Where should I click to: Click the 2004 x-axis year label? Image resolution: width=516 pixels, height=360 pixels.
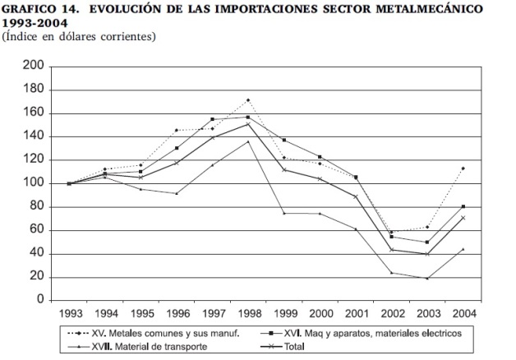(463, 313)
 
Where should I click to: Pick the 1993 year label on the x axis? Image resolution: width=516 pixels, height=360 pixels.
(70, 313)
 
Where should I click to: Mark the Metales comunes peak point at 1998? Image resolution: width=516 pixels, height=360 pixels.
(248, 100)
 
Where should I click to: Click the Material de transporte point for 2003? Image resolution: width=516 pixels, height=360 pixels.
(427, 279)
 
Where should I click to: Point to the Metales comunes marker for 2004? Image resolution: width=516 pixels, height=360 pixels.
(463, 168)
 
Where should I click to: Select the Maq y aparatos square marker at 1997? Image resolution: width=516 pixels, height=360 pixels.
(212, 119)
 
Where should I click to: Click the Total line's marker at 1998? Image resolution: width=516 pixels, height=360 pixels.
(248, 124)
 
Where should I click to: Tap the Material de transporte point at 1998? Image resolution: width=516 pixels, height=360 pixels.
(248, 141)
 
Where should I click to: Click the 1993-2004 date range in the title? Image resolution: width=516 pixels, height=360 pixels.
(35, 23)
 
